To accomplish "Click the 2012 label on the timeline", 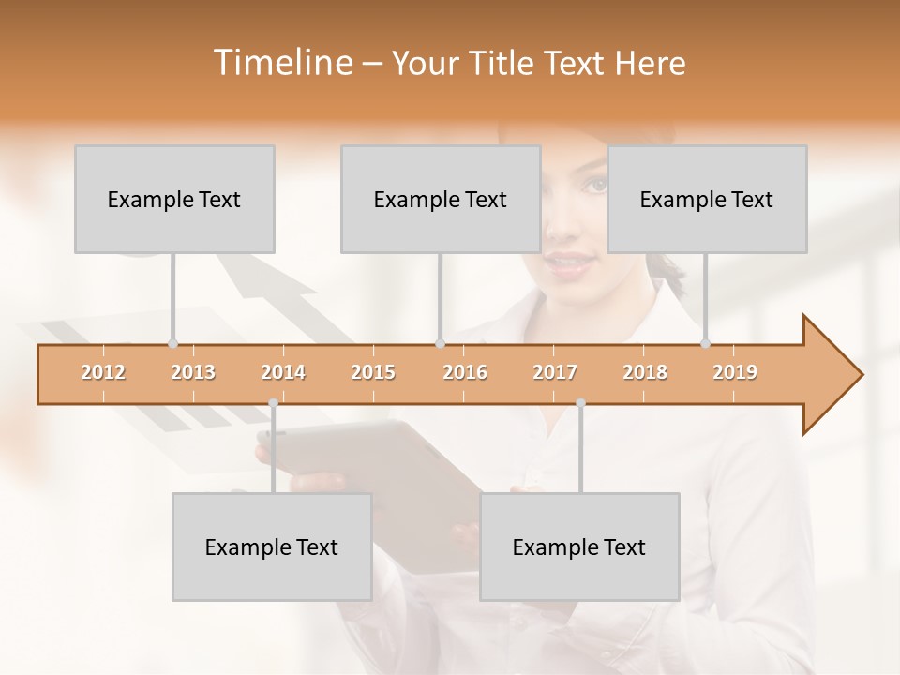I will (103, 372).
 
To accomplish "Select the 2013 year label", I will (193, 372).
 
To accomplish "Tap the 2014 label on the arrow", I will (283, 372).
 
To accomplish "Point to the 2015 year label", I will (373, 372).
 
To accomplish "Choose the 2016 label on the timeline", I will (465, 372).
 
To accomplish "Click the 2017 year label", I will (555, 372).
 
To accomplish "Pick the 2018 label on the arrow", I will (645, 372).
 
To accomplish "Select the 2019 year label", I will (735, 372).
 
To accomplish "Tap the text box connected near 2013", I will (174, 199).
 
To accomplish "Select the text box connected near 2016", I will (441, 199).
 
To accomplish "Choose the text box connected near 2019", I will (707, 199).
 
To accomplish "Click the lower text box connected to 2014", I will (272, 547).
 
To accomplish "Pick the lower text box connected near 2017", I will (579, 547).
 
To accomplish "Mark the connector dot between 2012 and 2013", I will (172, 343).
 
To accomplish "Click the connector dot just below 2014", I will (273, 403).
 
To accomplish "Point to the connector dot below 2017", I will (580, 403).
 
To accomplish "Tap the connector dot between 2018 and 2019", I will (706, 343).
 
